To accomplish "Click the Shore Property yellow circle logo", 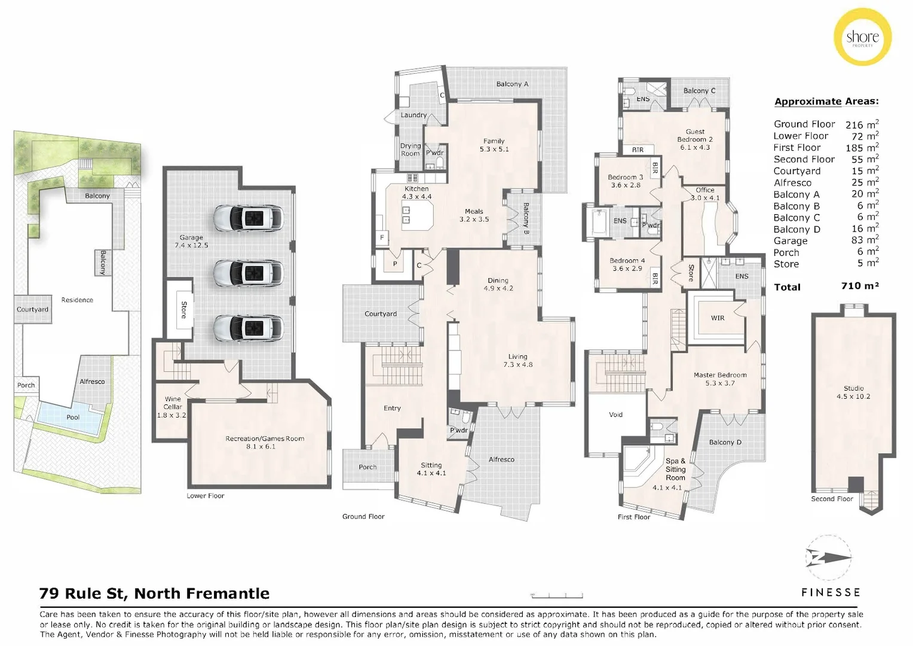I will point(862,37).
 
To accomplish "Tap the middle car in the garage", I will point(249,273).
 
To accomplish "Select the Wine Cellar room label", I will point(172,407).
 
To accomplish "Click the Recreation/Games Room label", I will point(264,442).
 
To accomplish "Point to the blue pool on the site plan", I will point(72,415).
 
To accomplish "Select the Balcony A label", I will point(512,84).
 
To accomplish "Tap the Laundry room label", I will point(413,115).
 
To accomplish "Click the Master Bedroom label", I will point(719,379).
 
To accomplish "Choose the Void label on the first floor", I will point(615,415).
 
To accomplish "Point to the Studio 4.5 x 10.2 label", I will point(853,392).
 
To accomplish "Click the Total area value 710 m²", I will point(859,286).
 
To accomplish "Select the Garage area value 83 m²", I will point(864,240).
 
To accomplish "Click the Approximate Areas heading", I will point(826,102).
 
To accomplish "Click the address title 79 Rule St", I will point(154,593).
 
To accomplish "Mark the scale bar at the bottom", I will point(557,595).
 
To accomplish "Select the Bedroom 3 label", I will point(625,181).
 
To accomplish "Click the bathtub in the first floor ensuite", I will point(598,221).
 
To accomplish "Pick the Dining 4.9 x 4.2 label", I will point(498,284).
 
